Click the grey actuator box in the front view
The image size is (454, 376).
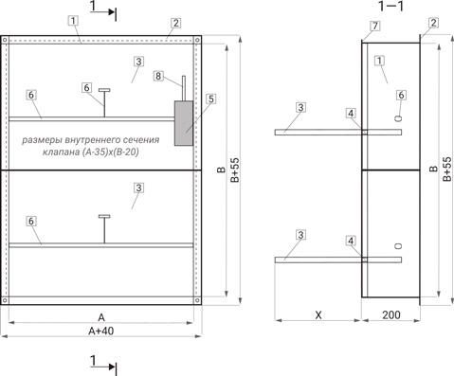184,123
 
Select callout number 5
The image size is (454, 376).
210,98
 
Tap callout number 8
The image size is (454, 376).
158,76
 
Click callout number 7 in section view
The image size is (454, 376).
375,26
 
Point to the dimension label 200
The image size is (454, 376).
391,314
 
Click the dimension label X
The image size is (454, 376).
318,314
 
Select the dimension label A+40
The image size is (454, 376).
101,331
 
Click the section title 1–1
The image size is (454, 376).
391,6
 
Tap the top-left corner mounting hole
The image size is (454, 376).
5,40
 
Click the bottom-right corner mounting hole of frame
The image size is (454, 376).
197,300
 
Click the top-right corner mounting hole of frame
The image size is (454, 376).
197,40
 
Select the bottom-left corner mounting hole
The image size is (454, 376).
5,300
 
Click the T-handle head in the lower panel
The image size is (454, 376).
104,216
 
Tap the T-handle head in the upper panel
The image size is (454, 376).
104,90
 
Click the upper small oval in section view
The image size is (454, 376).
399,118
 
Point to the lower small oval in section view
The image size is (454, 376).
399,246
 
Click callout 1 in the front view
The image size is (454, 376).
73,21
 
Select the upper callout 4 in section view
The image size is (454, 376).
351,113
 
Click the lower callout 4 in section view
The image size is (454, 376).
351,241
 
